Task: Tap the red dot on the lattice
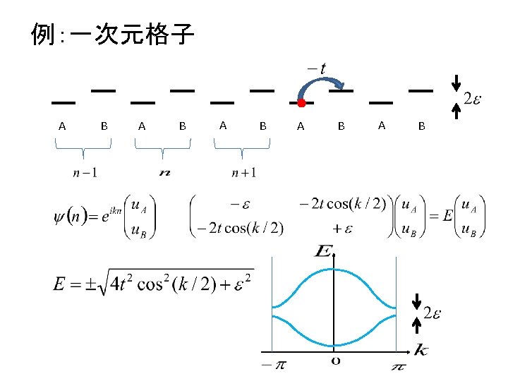point(301,103)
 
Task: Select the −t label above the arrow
point(316,68)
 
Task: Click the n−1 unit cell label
point(85,171)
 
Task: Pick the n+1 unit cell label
point(243,171)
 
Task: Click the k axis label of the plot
point(421,349)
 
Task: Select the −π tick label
point(269,364)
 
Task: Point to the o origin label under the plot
point(336,361)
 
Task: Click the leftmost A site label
point(62,126)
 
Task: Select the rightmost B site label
point(421,126)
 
